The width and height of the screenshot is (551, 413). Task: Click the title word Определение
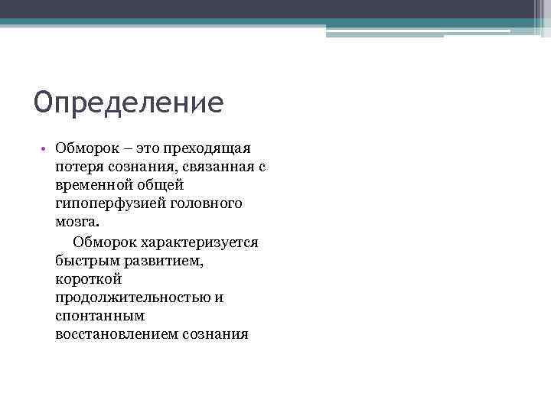tap(129, 102)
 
